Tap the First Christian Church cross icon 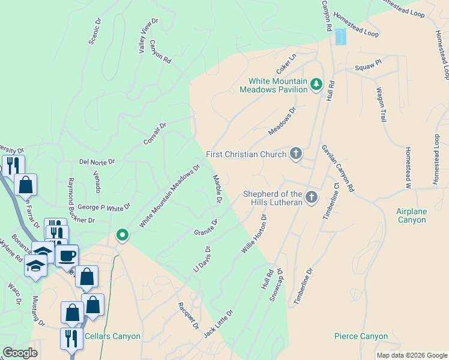295,154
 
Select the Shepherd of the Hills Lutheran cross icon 312,197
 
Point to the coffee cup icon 67,256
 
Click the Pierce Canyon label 361,337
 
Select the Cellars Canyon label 113,337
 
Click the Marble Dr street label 218,188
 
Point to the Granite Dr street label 205,228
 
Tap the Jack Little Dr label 218,323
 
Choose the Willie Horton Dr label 254,233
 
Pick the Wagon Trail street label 381,105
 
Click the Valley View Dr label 148,35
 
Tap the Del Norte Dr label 97,162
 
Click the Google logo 20,353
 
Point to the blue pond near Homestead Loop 340,37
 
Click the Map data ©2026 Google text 412,355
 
